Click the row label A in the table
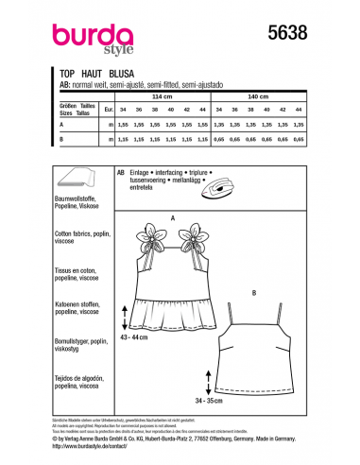(x=62, y=124)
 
